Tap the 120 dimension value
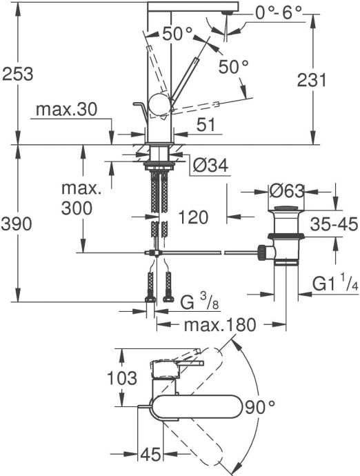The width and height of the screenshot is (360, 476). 192,218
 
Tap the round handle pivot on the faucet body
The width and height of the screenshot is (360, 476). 160,105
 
